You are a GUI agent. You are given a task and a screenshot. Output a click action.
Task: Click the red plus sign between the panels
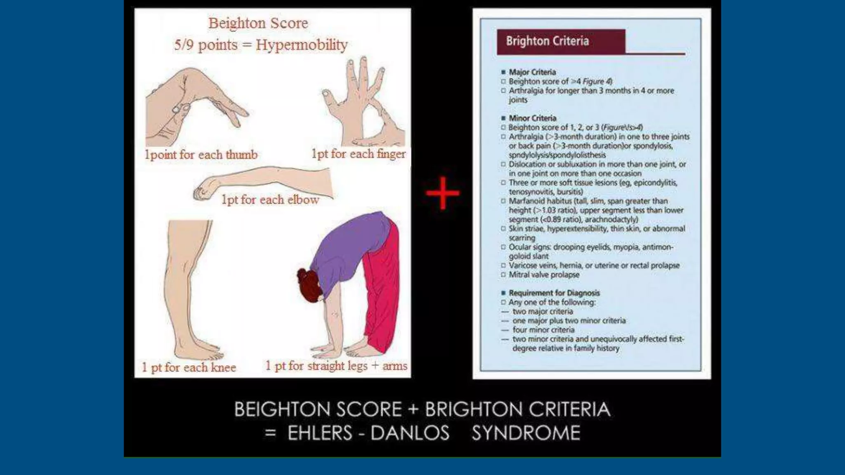[x=442, y=193]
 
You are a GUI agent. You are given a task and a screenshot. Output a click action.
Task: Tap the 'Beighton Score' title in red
[x=258, y=23]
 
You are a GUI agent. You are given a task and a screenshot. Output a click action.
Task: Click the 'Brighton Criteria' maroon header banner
[x=561, y=41]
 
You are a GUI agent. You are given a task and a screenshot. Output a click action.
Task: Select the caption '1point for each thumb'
[x=201, y=155]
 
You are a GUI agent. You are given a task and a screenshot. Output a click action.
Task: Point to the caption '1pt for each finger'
[x=359, y=154]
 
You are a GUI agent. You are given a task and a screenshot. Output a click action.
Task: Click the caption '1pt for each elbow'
[x=270, y=200]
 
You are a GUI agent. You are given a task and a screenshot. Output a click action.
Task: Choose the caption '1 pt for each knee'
[x=189, y=367]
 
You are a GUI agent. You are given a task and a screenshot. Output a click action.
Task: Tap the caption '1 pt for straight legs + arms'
[x=336, y=366]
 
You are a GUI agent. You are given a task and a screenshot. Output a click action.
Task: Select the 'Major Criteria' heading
[x=532, y=72]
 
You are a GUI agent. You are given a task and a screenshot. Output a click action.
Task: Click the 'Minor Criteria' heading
[x=532, y=118]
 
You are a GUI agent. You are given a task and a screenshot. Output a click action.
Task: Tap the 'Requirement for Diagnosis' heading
[x=554, y=293]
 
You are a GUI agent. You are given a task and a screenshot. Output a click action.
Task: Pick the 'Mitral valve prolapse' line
[x=544, y=275]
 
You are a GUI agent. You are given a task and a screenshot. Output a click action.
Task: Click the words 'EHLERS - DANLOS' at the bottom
[x=368, y=433]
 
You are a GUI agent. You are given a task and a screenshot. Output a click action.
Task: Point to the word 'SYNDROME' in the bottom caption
[x=526, y=433]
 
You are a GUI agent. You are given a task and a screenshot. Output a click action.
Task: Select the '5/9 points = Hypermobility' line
[x=261, y=45]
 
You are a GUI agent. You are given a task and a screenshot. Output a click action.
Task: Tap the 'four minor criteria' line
[x=543, y=330]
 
